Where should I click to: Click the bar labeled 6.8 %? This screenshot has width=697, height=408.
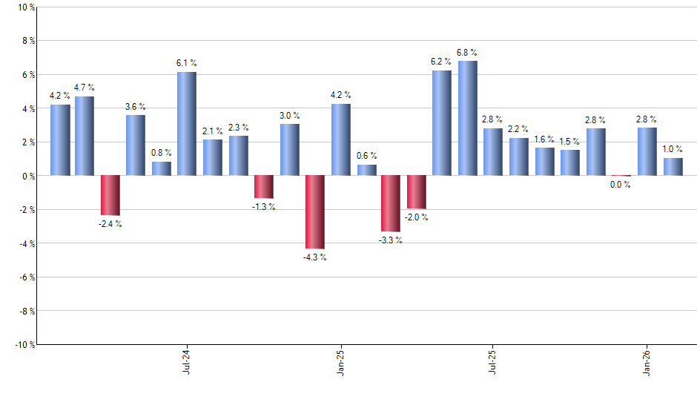pos(467,118)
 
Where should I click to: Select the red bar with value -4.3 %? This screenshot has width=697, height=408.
pos(314,211)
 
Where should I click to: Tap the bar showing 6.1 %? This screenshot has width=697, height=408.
pos(186,124)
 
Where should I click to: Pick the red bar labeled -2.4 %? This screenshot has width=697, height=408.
pos(110,195)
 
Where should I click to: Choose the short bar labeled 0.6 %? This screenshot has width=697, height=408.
pos(366,170)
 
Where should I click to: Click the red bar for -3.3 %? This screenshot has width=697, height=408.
pos(391,203)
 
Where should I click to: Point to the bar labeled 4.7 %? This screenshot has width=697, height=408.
pos(85,136)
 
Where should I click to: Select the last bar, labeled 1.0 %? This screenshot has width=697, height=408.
pos(673,167)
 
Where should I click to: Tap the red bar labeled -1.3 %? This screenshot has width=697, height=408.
pos(263,187)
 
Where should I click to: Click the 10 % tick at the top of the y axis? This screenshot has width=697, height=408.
pos(25,7)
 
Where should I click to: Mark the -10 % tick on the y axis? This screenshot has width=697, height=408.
pos(24,345)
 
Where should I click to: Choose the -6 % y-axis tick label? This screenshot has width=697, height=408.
pos(26,277)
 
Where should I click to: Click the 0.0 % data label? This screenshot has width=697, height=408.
pos(621,185)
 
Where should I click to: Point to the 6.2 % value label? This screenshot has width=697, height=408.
pos(441,62)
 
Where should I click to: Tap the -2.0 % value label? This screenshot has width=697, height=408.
pos(416,217)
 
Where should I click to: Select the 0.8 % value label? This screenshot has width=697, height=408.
pos(162,153)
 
